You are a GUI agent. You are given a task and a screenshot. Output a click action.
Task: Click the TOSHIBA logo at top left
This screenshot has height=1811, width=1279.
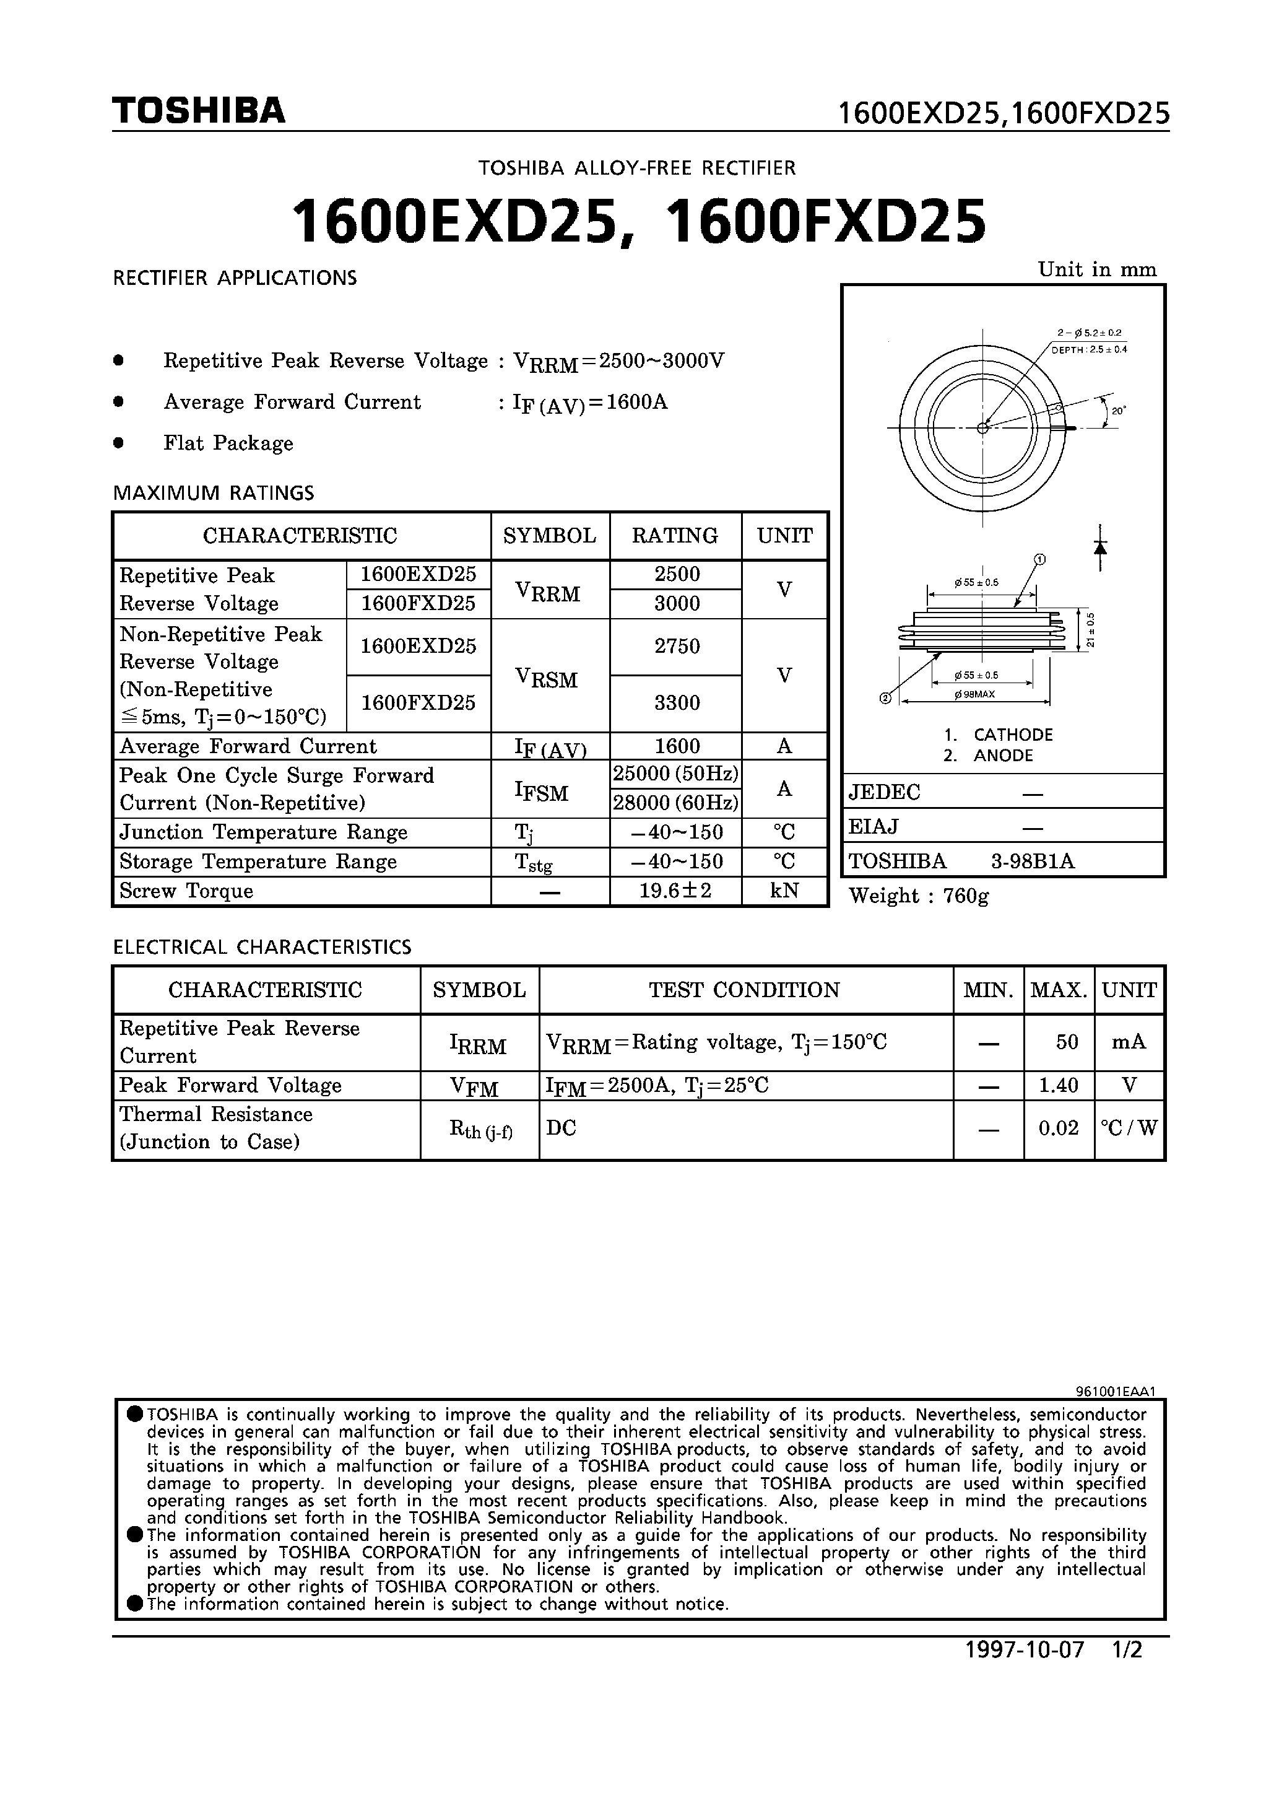point(198,110)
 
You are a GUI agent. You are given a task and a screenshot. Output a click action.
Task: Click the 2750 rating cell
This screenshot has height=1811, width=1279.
point(677,647)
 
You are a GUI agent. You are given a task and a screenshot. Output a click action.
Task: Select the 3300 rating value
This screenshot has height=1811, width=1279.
point(677,703)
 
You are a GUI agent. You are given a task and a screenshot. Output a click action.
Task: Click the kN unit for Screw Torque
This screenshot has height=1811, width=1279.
point(784,891)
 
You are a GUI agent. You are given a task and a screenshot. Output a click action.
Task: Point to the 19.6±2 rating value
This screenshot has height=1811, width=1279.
point(676,891)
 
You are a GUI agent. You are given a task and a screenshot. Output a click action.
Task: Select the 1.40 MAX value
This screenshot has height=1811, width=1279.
point(1058,1085)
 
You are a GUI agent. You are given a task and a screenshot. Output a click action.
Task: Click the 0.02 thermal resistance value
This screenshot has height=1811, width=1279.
point(1058,1128)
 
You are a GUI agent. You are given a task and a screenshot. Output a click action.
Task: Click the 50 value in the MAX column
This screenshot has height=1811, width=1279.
point(1066,1042)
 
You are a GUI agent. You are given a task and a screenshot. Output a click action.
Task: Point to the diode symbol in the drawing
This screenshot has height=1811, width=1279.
point(1101,546)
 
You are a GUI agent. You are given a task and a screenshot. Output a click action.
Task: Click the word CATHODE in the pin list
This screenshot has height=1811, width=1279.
point(1013,735)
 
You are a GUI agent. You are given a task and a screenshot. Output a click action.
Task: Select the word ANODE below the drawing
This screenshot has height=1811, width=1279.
point(1003,756)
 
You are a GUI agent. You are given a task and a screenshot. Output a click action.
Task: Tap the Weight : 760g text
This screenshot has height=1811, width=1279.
point(919,896)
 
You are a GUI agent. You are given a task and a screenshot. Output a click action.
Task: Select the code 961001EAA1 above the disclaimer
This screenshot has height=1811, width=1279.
point(1115,1392)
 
